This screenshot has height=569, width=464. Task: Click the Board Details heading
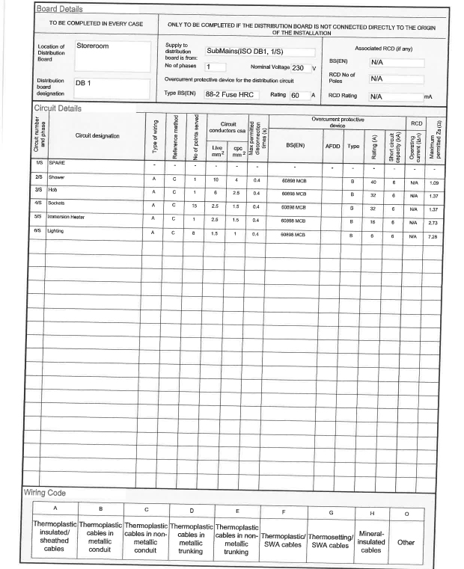60,9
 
